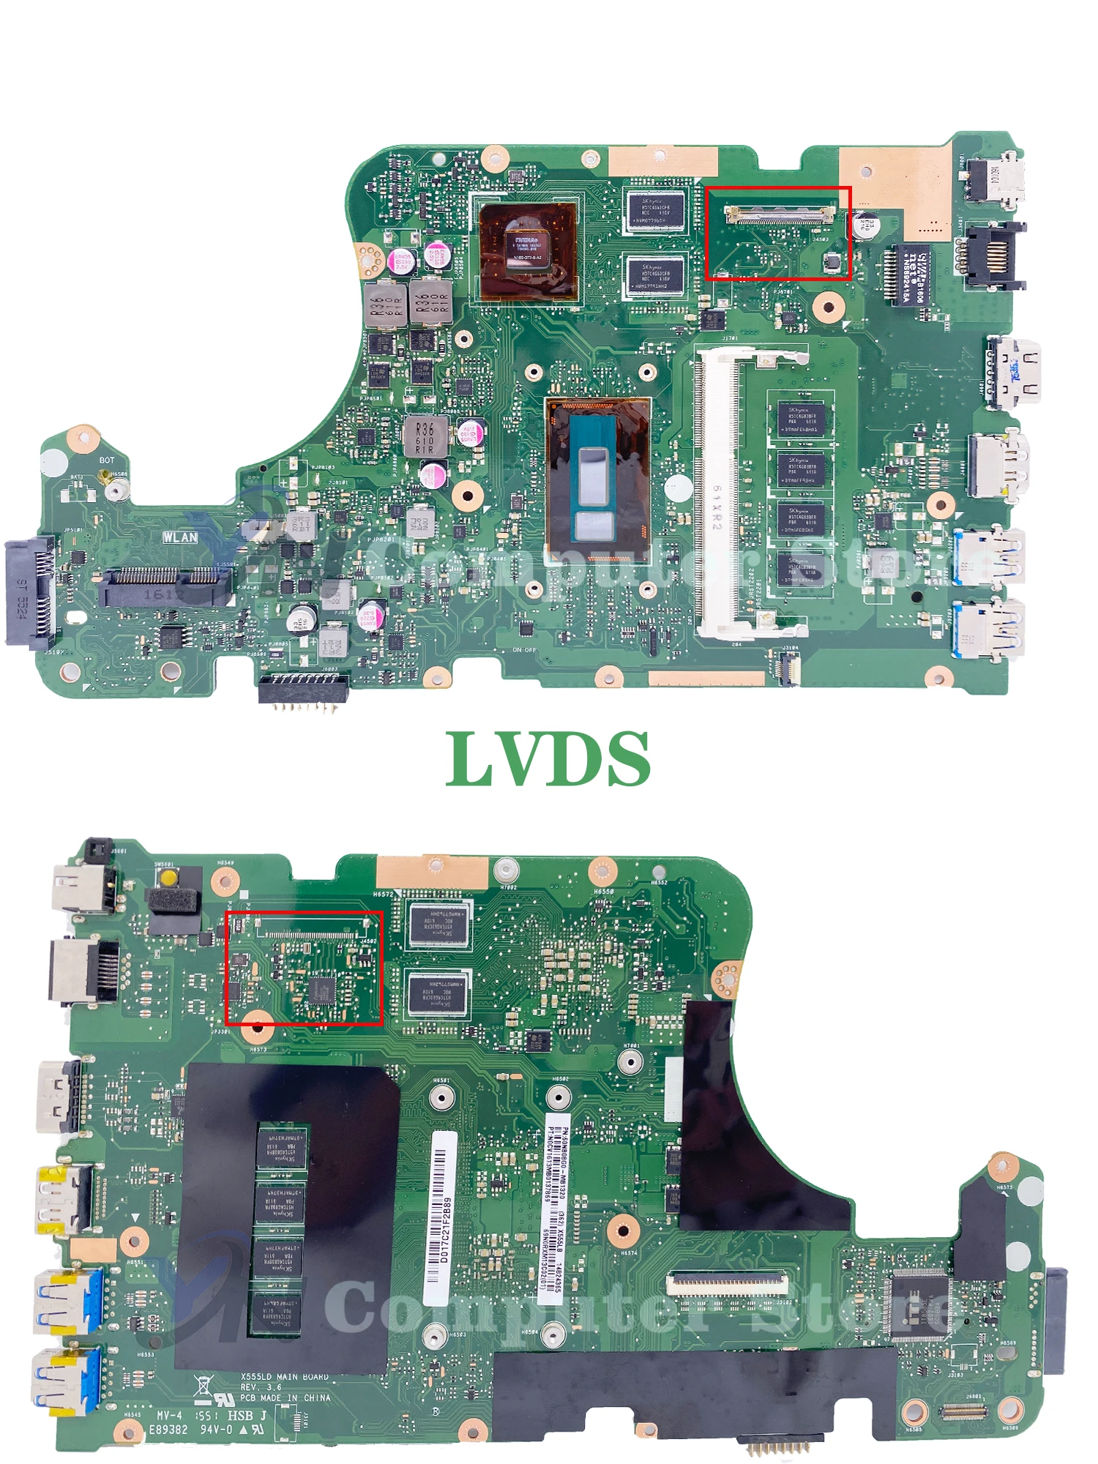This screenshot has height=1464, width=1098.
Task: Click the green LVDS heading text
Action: (x=548, y=759)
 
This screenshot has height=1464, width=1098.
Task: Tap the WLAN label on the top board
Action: (x=180, y=537)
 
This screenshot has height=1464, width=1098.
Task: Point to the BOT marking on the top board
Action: (x=107, y=460)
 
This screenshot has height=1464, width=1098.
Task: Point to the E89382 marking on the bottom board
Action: (x=168, y=1429)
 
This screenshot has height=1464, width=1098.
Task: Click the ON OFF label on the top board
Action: (x=524, y=650)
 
